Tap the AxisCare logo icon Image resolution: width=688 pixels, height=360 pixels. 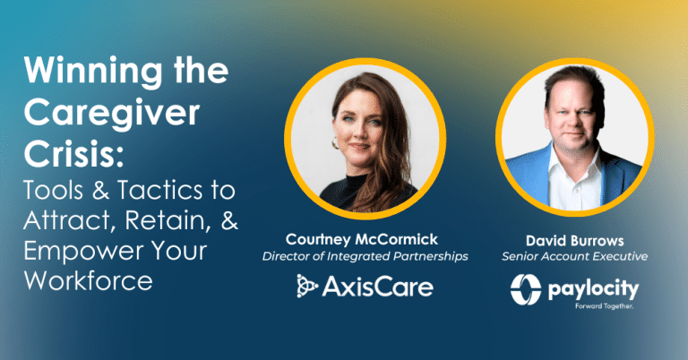tap(309, 287)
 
